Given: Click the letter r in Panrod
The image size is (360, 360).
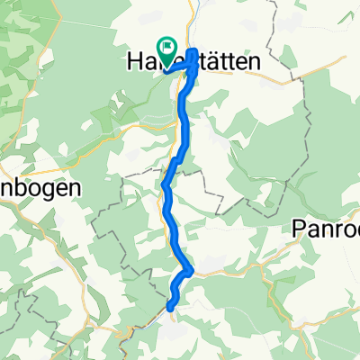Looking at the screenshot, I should coord(340,230).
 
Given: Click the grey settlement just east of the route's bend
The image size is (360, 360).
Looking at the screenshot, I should coord(211,260).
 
